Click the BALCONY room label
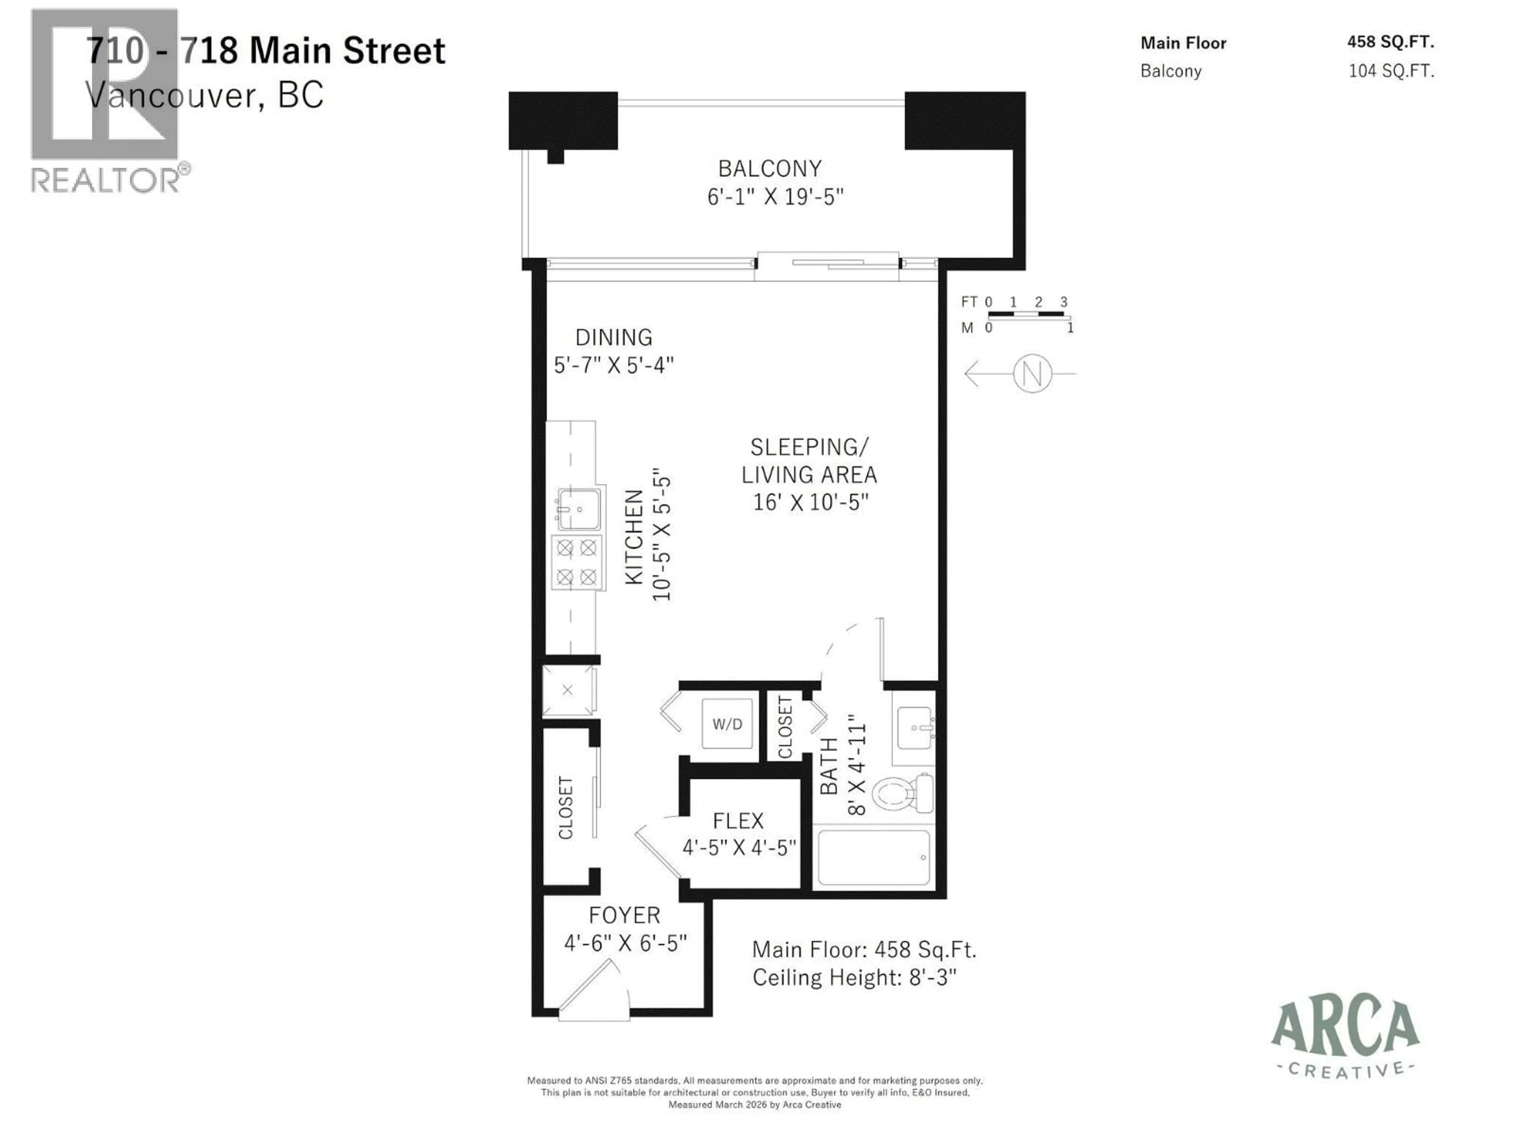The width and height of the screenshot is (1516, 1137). [x=770, y=169]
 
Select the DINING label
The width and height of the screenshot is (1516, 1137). [x=614, y=337]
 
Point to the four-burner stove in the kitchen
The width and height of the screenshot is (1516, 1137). [x=577, y=563]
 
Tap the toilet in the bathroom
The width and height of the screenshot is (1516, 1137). [x=903, y=794]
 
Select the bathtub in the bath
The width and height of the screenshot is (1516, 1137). [x=874, y=858]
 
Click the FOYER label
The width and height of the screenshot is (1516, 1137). [x=624, y=915]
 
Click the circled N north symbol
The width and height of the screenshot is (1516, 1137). [x=1032, y=373]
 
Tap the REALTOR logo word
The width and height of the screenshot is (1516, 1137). [x=106, y=180]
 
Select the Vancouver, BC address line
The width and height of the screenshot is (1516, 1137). [x=204, y=95]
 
